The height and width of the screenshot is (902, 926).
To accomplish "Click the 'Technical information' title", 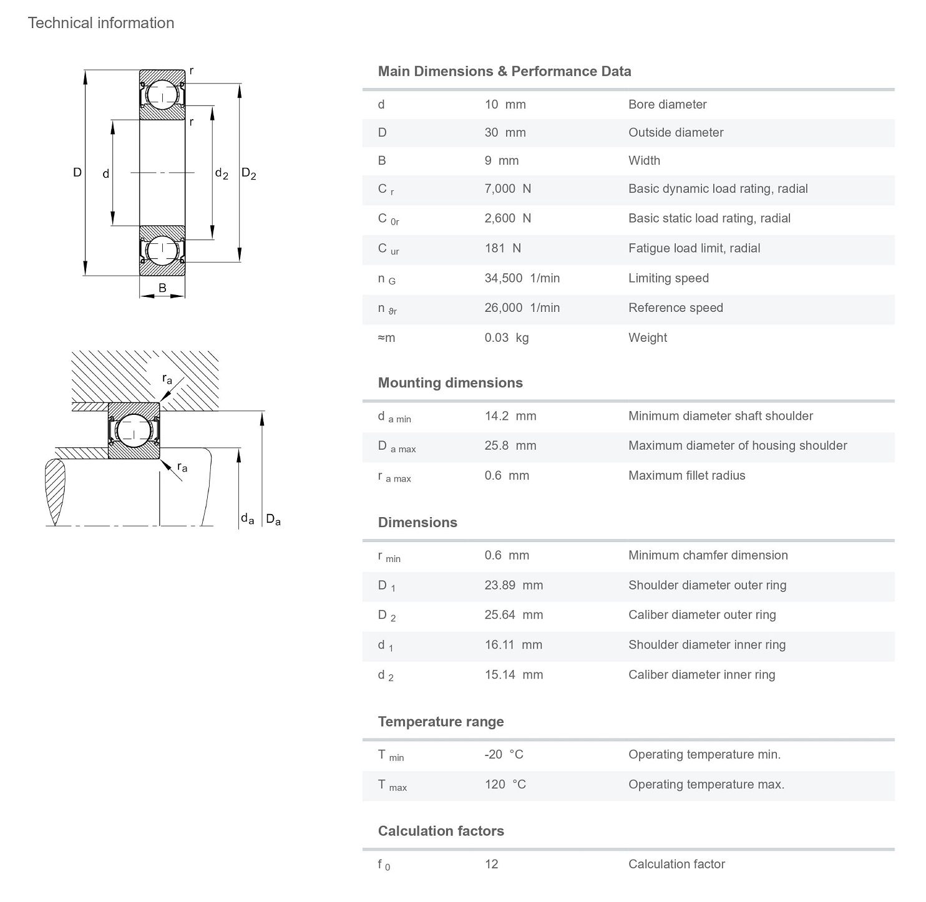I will point(101,23).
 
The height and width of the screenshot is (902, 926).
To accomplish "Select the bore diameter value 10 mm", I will point(505,104).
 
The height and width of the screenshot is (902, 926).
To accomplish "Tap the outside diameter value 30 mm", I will point(505,132).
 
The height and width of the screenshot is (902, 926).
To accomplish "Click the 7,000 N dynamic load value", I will point(507,188).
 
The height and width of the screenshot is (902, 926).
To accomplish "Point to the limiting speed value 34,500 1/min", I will point(522,278).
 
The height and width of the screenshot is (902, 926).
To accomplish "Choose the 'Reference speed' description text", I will point(675,308).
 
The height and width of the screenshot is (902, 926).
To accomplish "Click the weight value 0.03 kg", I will point(506,337).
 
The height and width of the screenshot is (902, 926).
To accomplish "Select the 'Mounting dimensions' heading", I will point(450,382).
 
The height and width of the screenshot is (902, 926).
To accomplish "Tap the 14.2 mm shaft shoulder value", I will point(510,415).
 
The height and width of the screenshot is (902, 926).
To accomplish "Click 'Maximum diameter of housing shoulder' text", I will point(737,445).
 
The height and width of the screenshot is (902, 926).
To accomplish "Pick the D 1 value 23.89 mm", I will point(513,585).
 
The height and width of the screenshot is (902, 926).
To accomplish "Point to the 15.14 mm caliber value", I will point(513,674).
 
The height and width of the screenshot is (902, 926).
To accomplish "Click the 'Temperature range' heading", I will point(441,722).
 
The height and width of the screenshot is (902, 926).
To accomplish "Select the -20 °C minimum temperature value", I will point(504,754).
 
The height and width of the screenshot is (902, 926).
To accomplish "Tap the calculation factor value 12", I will point(491,864).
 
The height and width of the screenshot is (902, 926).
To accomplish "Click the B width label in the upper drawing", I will point(162,288).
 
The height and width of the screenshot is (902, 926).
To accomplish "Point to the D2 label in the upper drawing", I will point(248,173).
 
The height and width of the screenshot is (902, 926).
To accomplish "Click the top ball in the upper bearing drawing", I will point(162,95).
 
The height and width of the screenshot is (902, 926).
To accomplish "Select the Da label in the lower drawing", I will point(273,519).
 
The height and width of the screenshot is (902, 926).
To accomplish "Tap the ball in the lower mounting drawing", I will point(134,430).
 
